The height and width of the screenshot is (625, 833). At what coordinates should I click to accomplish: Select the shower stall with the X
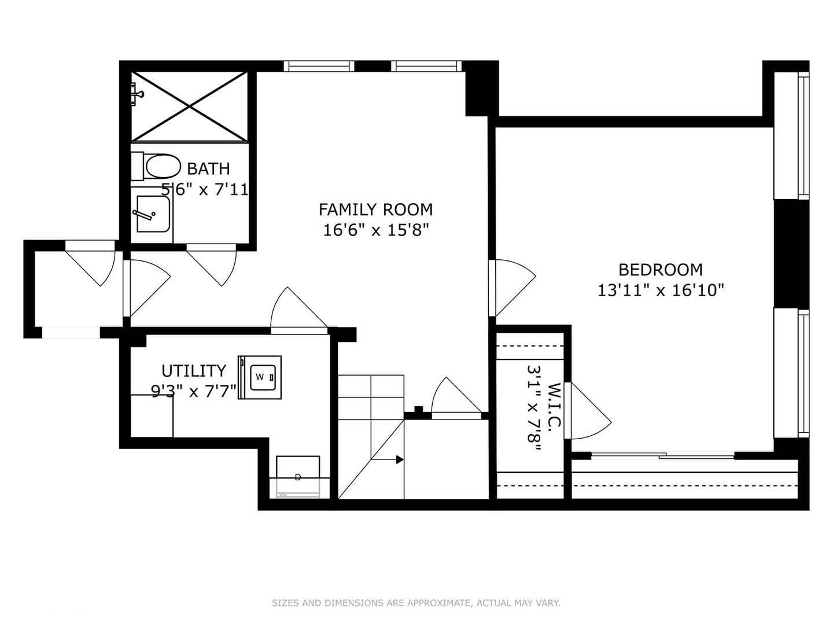click(x=190, y=106)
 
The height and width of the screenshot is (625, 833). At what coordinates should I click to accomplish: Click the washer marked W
click(x=260, y=377)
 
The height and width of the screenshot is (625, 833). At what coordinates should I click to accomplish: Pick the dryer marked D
click(x=298, y=476)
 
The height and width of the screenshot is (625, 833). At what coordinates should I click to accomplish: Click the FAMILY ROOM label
click(x=375, y=209)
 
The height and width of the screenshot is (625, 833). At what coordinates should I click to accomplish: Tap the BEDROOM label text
click(x=661, y=270)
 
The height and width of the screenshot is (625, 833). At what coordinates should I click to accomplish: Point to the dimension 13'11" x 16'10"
click(x=661, y=290)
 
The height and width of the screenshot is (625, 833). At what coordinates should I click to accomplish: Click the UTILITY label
click(x=193, y=370)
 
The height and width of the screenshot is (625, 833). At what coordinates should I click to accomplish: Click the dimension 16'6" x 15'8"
click(x=375, y=230)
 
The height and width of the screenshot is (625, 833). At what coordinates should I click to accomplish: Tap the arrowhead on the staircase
click(x=400, y=459)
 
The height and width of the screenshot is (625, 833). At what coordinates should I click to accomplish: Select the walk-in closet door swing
click(x=589, y=411)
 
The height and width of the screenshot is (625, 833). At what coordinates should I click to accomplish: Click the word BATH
click(x=208, y=169)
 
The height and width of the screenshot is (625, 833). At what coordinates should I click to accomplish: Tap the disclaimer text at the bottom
click(x=416, y=603)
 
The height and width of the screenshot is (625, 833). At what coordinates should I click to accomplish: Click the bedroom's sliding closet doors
click(x=662, y=457)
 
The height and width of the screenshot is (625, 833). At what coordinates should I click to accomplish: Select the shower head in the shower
click(x=137, y=93)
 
